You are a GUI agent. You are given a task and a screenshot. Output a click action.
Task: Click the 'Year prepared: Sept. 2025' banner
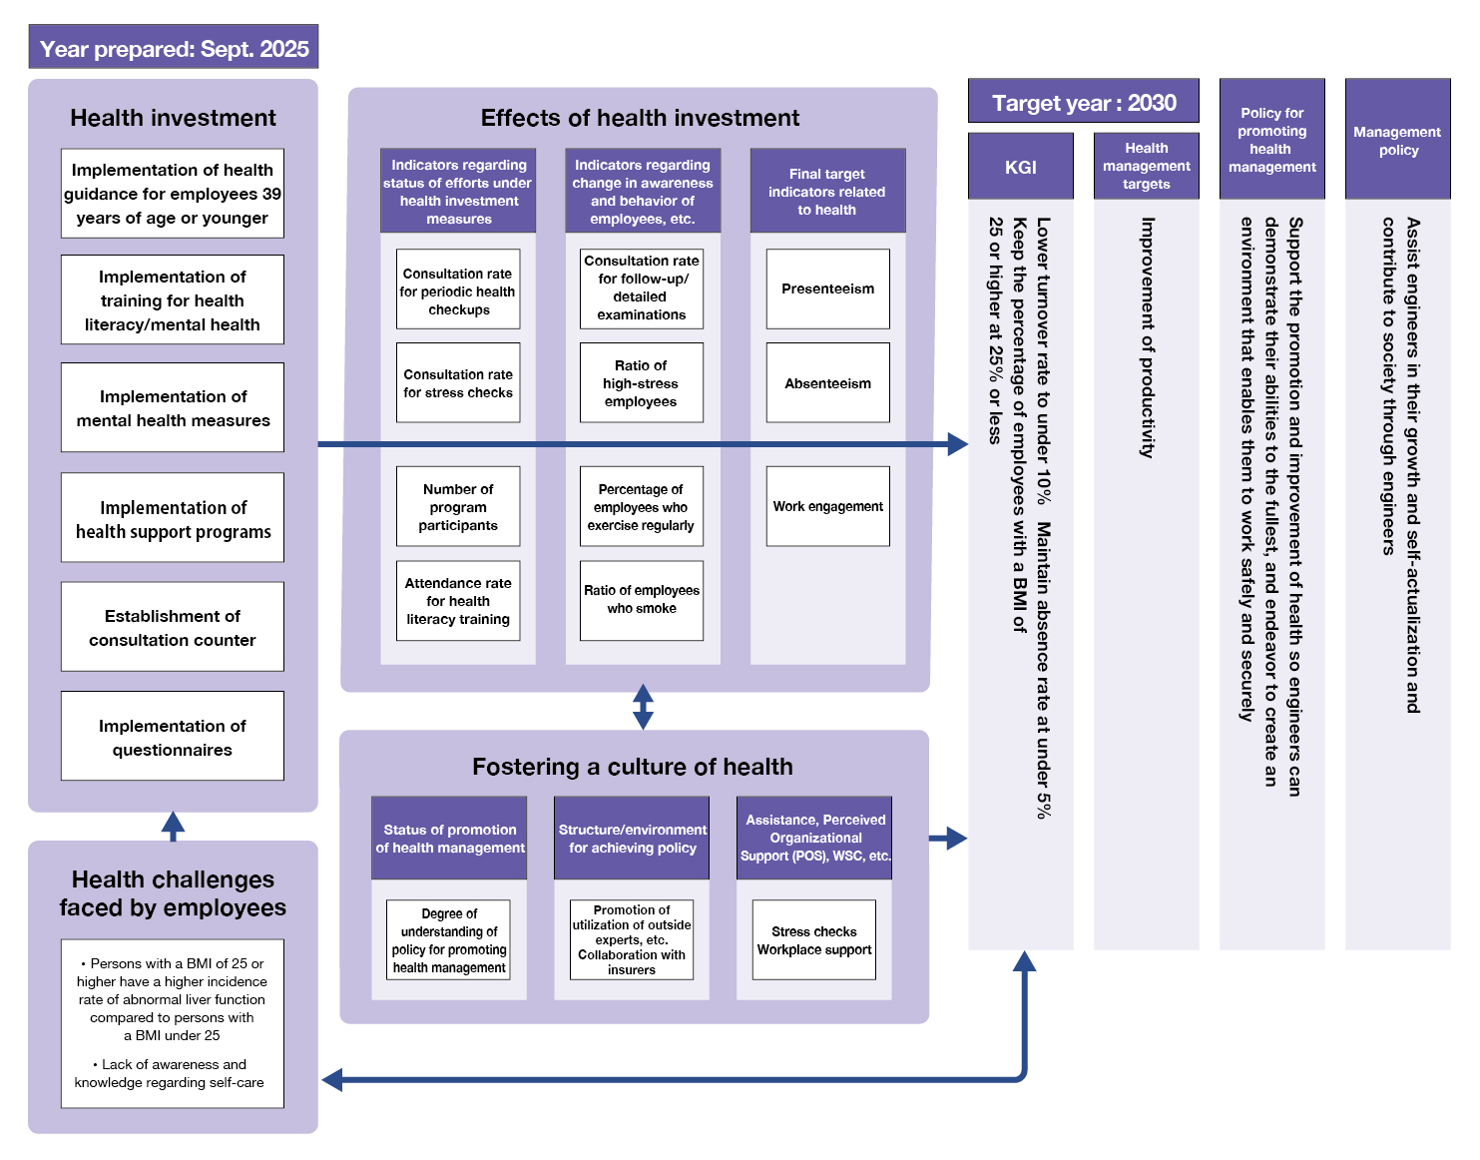tap(174, 48)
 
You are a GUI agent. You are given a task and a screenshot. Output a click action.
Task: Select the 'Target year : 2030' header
tap(1084, 103)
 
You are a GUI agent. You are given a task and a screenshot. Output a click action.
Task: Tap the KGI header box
tap(1021, 167)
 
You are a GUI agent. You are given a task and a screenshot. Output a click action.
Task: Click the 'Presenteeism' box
tap(827, 289)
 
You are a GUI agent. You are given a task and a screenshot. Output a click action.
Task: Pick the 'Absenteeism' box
tap(827, 383)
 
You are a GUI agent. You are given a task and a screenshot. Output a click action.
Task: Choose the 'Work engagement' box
tap(827, 506)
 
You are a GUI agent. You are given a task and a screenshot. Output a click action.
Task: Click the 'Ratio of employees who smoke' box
tap(642, 600)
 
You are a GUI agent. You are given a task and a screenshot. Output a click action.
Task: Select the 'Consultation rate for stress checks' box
tap(458, 383)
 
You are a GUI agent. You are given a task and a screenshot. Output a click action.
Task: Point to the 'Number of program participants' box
tap(458, 506)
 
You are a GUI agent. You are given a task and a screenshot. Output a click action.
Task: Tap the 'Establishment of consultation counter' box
tap(173, 627)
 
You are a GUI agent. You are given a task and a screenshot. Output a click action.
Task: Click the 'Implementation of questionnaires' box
tap(173, 737)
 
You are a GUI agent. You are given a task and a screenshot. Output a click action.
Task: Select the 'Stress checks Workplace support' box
tap(813, 940)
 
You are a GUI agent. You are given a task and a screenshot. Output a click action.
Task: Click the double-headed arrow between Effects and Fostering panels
tap(643, 707)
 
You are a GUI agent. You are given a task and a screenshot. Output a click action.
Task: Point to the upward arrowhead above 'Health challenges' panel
tap(173, 824)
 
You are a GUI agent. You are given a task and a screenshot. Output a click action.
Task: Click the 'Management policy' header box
tap(1397, 141)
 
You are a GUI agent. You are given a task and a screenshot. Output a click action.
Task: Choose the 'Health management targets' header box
tap(1146, 166)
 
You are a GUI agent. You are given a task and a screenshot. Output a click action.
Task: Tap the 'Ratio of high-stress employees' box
tap(642, 383)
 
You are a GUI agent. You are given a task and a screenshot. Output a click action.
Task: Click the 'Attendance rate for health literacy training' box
tap(458, 600)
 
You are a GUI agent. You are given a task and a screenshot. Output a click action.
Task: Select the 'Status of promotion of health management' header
tap(449, 839)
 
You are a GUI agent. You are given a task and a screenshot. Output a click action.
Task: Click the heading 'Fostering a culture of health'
tap(633, 767)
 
